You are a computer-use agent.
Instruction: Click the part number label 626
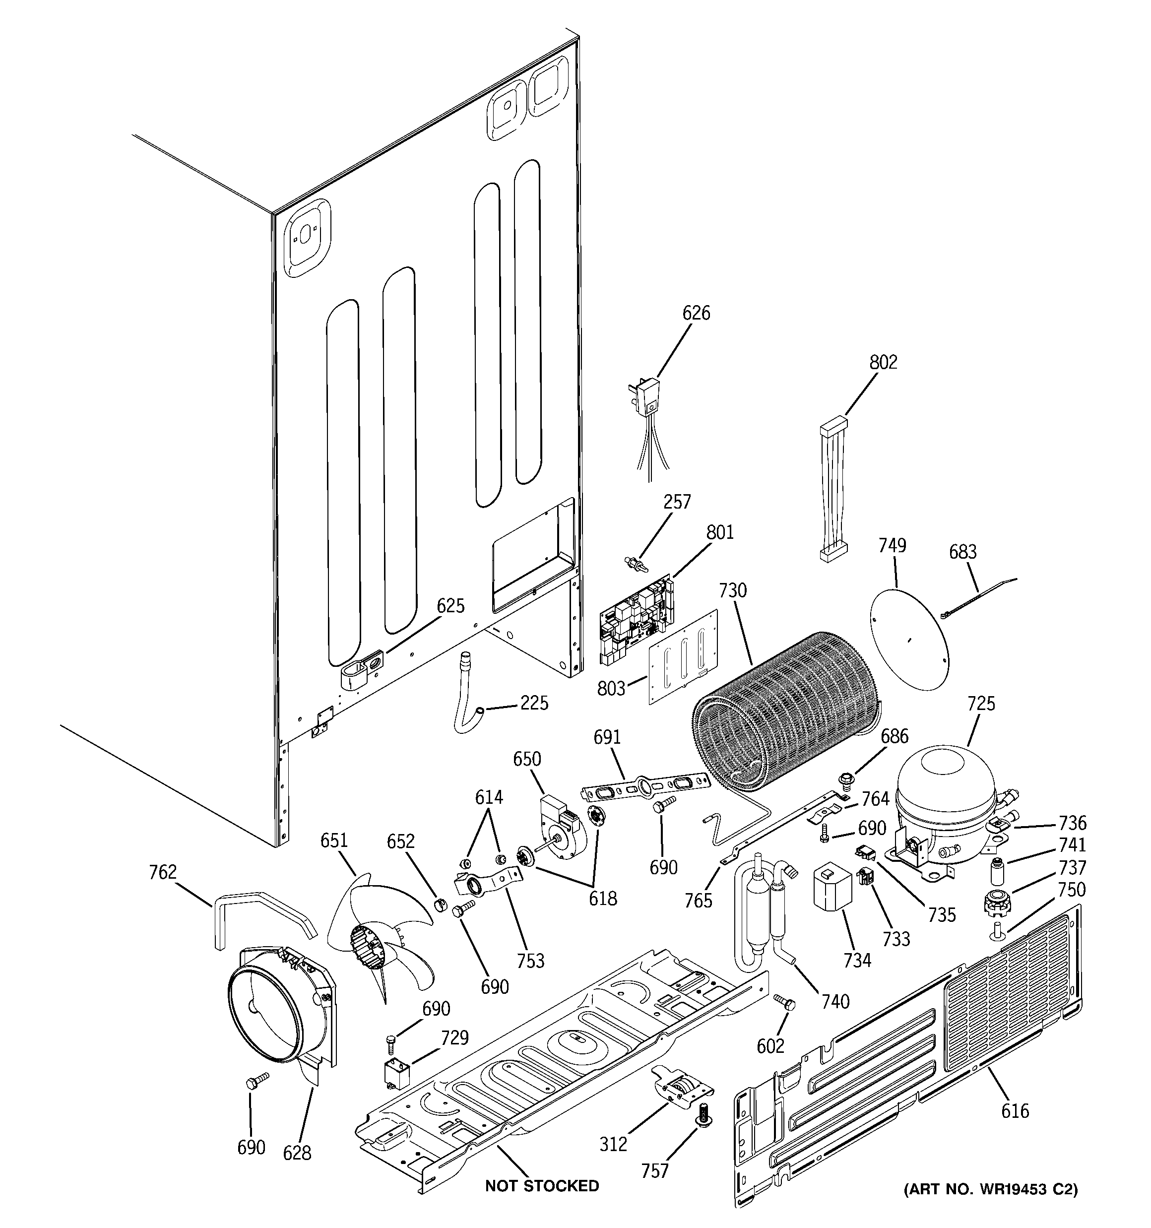pos(696,313)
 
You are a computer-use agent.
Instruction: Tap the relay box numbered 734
pos(831,888)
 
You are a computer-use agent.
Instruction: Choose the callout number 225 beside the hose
pos(533,703)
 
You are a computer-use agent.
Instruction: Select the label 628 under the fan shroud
pos(297,1153)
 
